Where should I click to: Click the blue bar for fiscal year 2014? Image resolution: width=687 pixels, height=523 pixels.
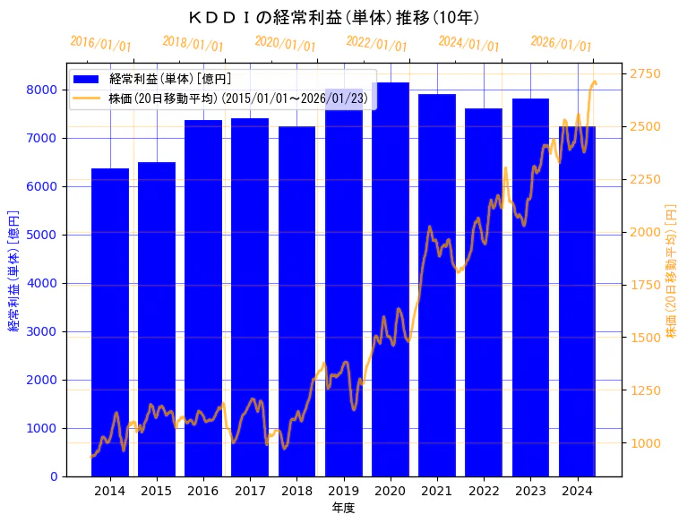pos(110,322)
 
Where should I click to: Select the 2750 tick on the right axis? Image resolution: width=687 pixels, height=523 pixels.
pos(647,74)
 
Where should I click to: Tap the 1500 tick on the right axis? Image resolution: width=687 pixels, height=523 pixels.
pos(647,338)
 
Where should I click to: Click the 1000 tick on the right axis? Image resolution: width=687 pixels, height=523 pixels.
pos(647,443)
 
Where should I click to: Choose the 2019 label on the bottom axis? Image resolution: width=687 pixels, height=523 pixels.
pos(344,491)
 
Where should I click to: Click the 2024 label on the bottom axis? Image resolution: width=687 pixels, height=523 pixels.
pos(578,491)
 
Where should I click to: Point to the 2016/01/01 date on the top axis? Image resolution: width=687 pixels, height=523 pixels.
pos(100,44)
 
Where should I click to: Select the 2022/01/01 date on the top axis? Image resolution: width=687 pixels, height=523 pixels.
pos(376,44)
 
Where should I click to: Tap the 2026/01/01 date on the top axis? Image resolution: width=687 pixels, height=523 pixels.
pos(561,44)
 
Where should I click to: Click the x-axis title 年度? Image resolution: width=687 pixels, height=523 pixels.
pos(343,508)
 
